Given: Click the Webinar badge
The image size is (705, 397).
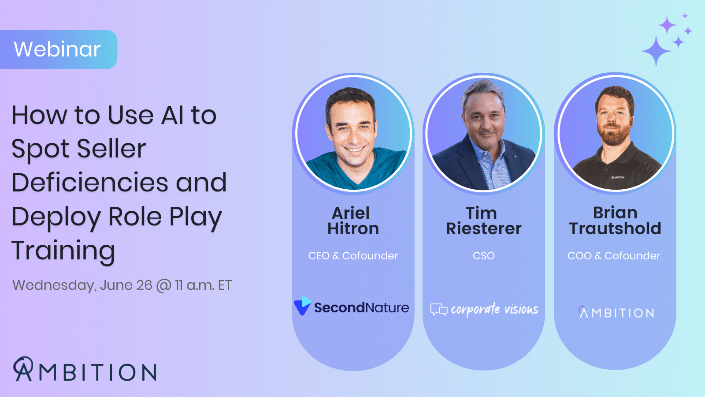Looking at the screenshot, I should click(58, 49).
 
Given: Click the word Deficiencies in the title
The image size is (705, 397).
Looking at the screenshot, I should click(89, 183).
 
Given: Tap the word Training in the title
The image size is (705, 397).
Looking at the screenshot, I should click(63, 251).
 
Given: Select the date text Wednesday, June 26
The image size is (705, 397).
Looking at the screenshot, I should click(82, 285).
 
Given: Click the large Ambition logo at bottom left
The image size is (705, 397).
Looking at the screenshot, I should click(85, 370).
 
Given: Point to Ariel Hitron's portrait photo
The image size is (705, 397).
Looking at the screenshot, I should click(353, 134).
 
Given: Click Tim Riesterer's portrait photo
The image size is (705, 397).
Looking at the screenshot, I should click(483, 134).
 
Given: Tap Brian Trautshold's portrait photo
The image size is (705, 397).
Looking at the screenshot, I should click(615, 134).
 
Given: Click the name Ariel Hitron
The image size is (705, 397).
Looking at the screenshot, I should click(353, 221).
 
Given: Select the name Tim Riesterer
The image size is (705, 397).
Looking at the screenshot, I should click(483, 221).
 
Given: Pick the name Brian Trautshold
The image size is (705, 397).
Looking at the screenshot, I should click(615, 221).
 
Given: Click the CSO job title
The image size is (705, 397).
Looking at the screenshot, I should click(483, 256).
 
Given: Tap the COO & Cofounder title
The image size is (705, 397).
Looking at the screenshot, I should click(614, 256).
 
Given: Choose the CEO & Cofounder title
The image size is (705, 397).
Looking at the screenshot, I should click(353, 256).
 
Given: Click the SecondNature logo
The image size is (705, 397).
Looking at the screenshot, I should click(352, 307).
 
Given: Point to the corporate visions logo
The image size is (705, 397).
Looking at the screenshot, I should click(484, 309).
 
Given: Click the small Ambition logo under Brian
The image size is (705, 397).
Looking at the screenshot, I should click(616, 312).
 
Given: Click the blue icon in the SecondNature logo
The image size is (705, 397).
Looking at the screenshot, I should click(302, 306).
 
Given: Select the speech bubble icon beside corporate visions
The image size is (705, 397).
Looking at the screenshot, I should click(438, 310).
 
